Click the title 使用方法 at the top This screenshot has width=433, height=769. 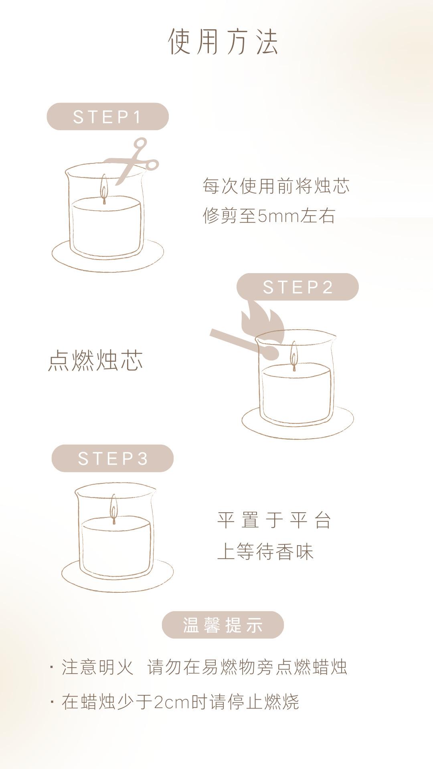[x=223, y=41]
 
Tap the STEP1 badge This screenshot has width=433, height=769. [x=107, y=117]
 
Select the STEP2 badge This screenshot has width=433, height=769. [x=297, y=287]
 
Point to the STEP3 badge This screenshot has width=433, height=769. [x=113, y=458]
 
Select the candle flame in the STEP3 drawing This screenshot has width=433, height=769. [x=114, y=507]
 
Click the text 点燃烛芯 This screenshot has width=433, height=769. [x=95, y=360]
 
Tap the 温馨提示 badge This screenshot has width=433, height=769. [x=223, y=625]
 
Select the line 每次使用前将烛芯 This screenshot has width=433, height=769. [x=276, y=186]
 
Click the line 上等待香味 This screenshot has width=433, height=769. [x=265, y=552]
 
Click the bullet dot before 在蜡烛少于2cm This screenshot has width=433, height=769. [x=52, y=702]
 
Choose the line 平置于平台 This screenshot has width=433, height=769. [x=274, y=520]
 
